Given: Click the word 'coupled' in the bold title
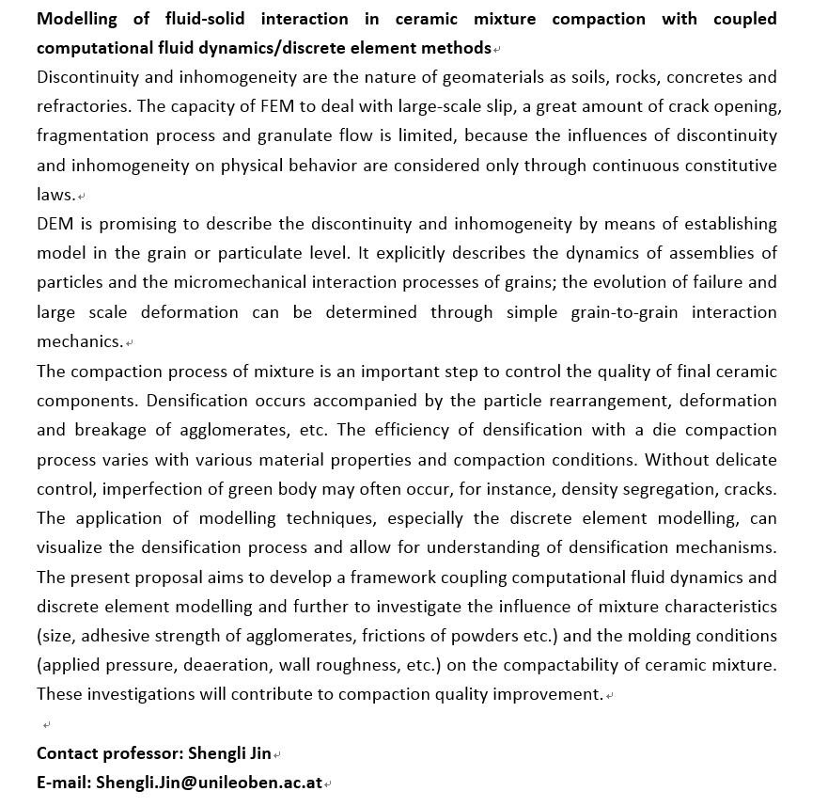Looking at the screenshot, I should pyautogui.click(x=745, y=19).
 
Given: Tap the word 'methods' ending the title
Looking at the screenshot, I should pyautogui.click(x=458, y=48).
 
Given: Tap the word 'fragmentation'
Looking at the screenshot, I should pyautogui.click(x=90, y=135).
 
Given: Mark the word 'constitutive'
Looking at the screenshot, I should pyautogui.click(x=726, y=166).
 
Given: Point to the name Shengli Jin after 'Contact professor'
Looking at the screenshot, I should pyautogui.click(x=229, y=753).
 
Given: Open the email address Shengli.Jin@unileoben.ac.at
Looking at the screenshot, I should pyautogui.click(x=209, y=783).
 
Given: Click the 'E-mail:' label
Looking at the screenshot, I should pyautogui.click(x=64, y=783).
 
